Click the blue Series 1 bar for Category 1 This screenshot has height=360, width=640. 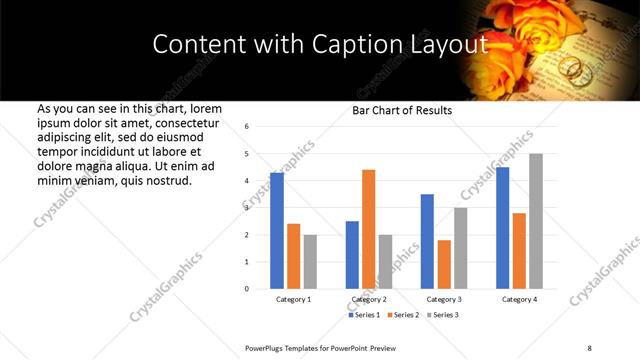tap(277, 231)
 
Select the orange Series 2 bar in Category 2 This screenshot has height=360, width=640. tap(368, 229)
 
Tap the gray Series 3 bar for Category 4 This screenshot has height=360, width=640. tap(535, 221)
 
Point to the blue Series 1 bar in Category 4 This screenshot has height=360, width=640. tap(502, 228)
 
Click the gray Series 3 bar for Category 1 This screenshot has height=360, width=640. tap(310, 262)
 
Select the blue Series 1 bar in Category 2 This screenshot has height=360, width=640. tap(352, 255)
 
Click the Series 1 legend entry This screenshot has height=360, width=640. tap(364, 315)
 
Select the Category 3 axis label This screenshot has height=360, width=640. tap(444, 300)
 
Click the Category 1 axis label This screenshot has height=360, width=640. tap(293, 300)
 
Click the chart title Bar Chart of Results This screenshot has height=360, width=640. tap(402, 110)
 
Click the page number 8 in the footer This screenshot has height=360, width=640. tap(589, 347)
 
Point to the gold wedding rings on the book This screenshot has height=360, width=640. tap(573, 67)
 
